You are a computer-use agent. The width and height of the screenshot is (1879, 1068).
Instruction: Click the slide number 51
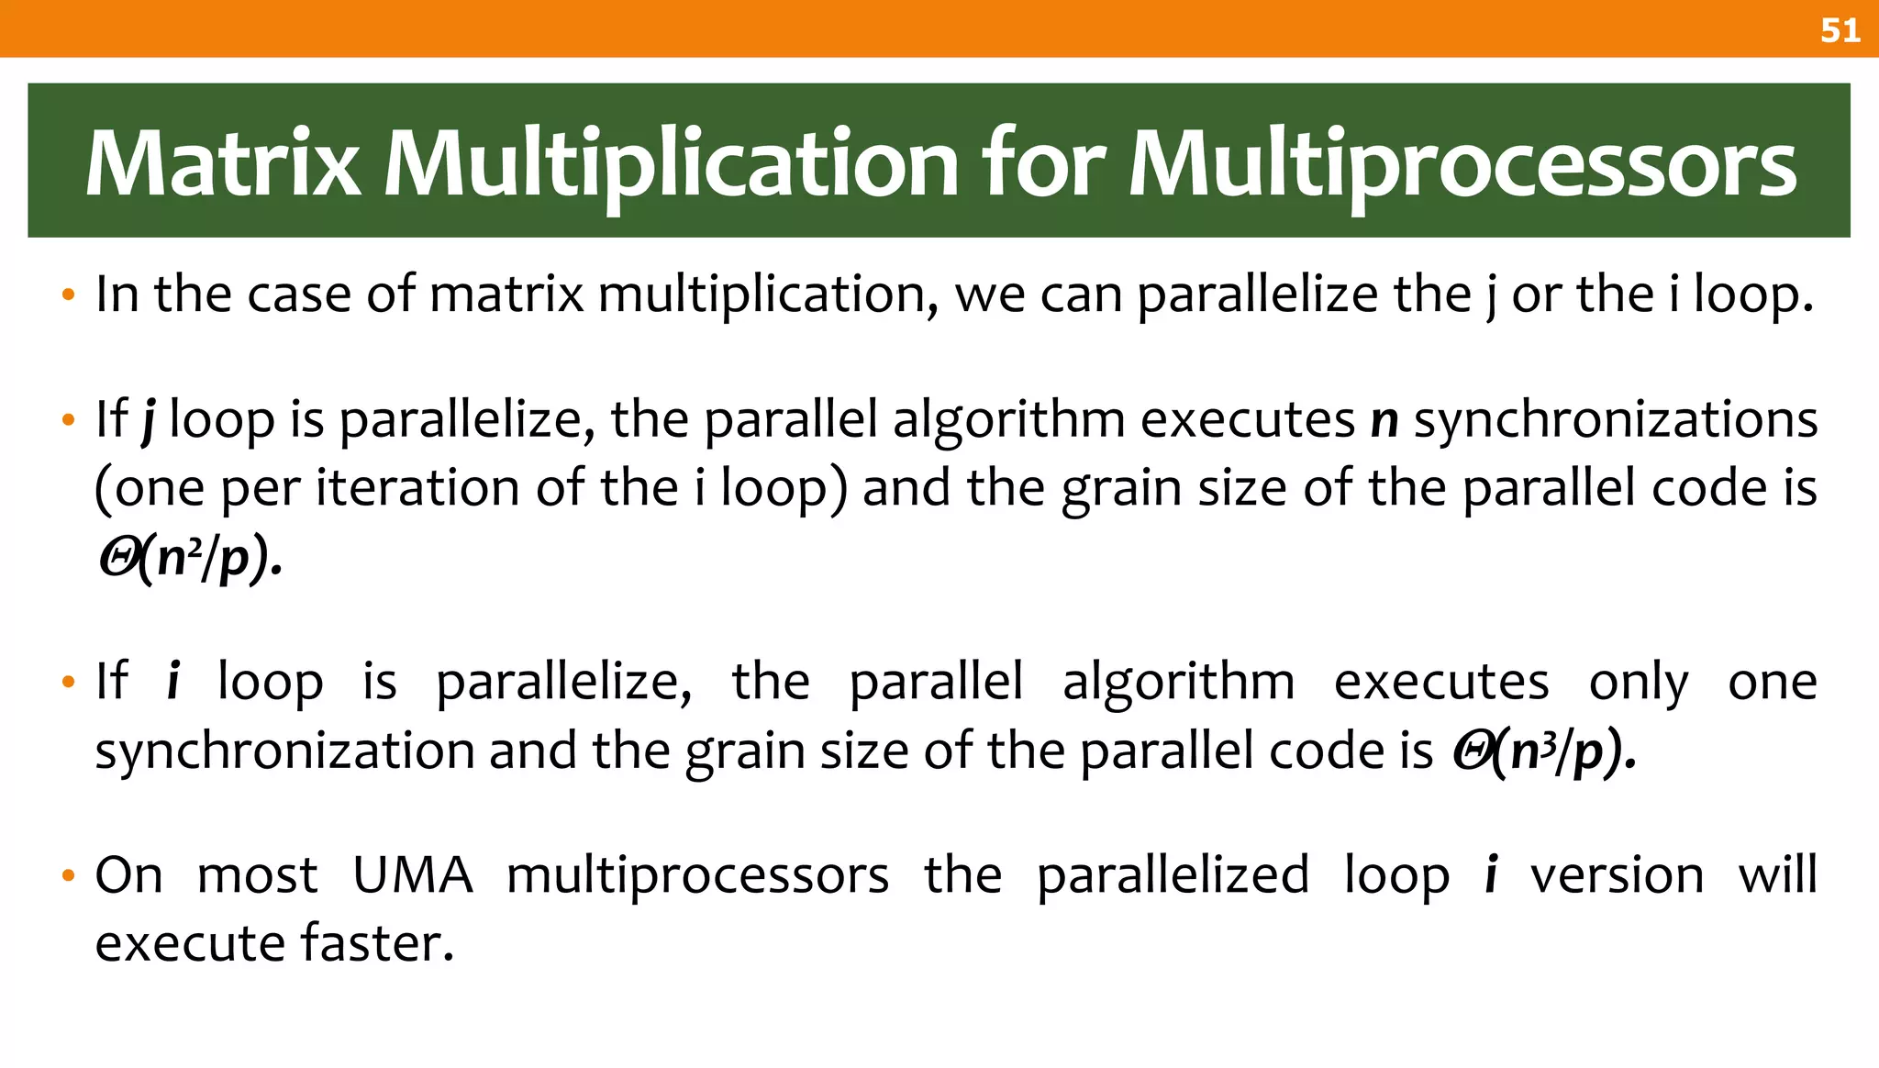pos(1840,30)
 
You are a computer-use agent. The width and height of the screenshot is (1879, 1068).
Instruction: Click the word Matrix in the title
pos(223,164)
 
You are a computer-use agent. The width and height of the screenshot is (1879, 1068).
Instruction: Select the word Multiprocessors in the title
pos(1462,164)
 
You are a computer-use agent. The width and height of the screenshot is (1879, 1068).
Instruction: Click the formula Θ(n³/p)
pos(1544,751)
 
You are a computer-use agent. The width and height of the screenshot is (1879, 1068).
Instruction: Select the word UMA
pos(413,874)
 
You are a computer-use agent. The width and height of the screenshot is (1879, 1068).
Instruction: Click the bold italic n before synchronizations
pos(1384,420)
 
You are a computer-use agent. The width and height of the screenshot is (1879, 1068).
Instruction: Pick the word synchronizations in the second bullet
pos(1616,420)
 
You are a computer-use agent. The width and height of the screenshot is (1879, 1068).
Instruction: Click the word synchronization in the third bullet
pos(284,751)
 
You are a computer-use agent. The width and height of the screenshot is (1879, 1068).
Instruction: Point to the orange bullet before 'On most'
pos(67,876)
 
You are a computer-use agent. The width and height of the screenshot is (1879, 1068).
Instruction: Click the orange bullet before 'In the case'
pos(67,296)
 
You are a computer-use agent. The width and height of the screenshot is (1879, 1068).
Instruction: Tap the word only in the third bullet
pos(1638,683)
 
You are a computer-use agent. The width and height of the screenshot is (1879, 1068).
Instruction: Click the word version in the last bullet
pos(1617,874)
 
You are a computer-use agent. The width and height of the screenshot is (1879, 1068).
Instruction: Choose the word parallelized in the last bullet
pos(1173,874)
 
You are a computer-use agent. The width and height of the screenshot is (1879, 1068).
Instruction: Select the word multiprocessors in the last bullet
pos(697,876)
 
